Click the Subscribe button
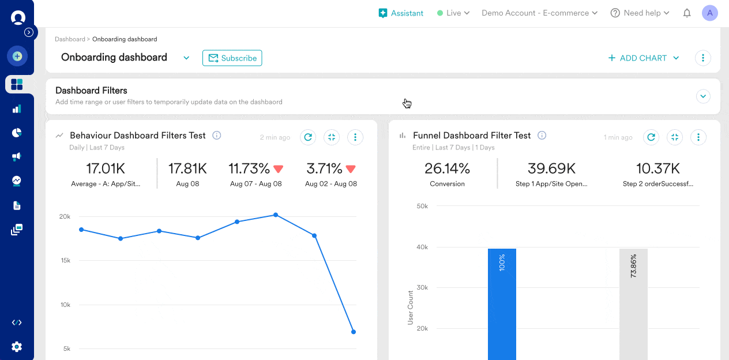(x=232, y=58)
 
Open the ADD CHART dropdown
(x=644, y=58)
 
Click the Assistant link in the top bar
(x=401, y=13)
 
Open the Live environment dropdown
(x=453, y=13)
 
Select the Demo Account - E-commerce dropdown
(x=539, y=13)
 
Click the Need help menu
(x=640, y=13)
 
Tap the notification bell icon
(x=687, y=13)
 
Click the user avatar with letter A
(x=709, y=13)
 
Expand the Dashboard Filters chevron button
(x=702, y=96)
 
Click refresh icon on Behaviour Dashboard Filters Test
(x=308, y=137)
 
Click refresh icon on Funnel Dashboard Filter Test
(x=651, y=137)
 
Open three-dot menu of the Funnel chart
(x=698, y=137)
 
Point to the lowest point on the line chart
(x=354, y=332)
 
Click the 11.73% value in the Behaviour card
(x=249, y=168)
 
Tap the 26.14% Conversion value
(x=447, y=168)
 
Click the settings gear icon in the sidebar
(x=17, y=347)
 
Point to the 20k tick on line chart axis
(x=65, y=216)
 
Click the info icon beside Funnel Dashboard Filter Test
(x=542, y=136)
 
